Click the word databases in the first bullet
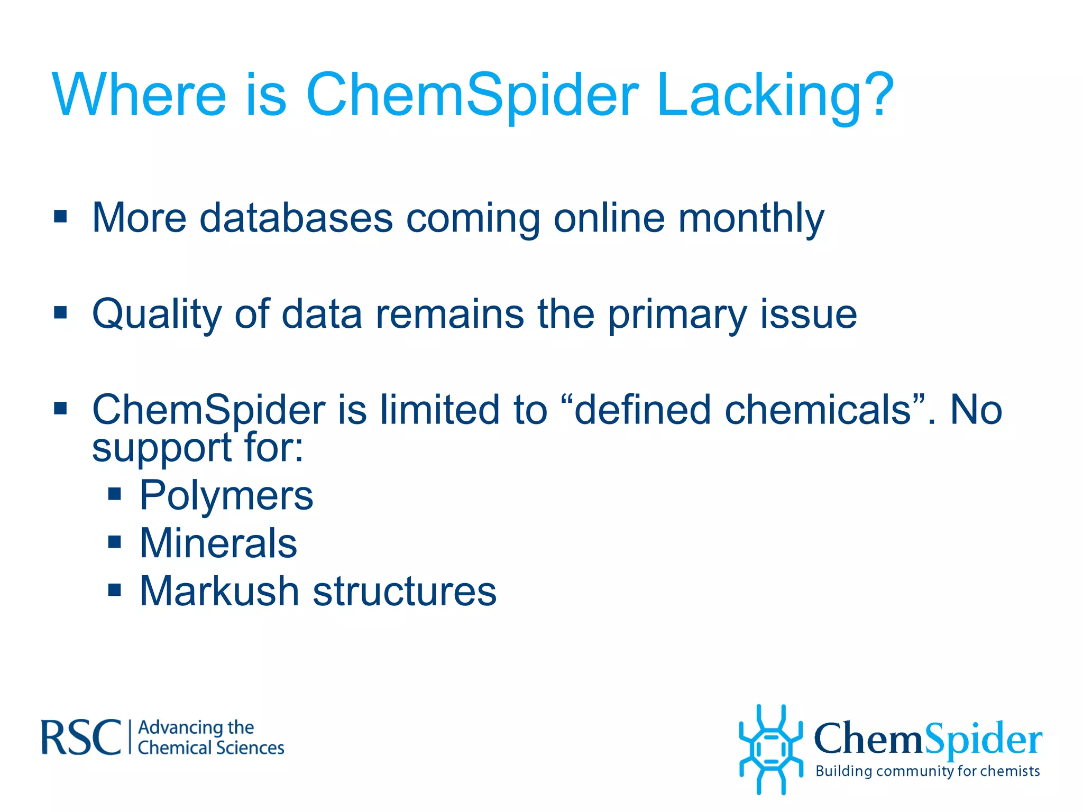point(296,218)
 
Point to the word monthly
point(751,219)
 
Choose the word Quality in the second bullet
point(157,315)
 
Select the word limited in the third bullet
point(439,410)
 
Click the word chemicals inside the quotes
point(818,410)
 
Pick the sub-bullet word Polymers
point(226,496)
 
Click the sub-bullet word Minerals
point(218,543)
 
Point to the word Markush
point(219,591)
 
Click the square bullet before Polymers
point(114,494)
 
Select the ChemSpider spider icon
point(770,749)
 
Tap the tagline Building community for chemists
point(928,771)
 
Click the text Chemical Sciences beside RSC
point(211,748)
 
